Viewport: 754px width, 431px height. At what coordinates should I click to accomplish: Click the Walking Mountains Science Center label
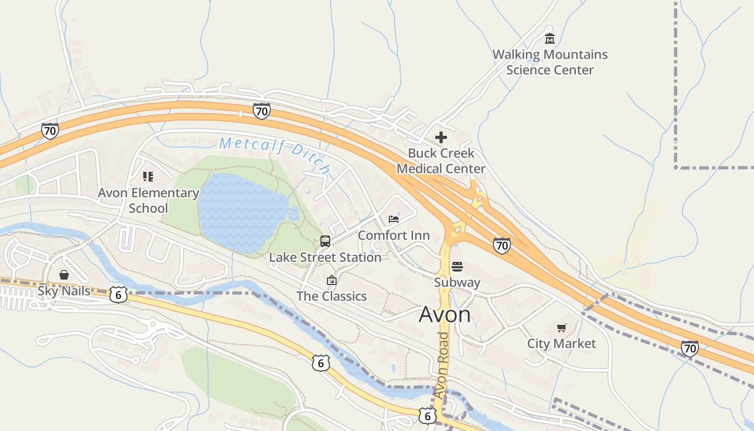(x=550, y=62)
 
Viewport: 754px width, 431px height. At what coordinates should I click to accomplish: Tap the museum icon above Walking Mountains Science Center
(x=549, y=39)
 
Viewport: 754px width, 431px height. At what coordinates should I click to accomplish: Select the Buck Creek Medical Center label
(x=441, y=161)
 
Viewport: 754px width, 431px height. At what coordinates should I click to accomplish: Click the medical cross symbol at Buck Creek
(x=441, y=137)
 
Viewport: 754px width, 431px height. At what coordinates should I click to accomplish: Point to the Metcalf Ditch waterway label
(x=275, y=154)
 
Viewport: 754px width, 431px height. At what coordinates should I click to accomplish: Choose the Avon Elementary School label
(x=148, y=200)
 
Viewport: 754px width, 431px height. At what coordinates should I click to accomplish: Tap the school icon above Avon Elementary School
(x=148, y=177)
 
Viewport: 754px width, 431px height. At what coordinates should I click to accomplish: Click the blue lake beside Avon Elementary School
(x=242, y=213)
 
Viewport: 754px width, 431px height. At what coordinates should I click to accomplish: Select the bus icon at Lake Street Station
(x=325, y=241)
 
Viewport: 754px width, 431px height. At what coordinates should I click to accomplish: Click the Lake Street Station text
(x=325, y=258)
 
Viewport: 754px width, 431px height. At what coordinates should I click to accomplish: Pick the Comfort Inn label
(x=394, y=235)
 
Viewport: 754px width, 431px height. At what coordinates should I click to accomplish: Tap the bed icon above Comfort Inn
(x=394, y=219)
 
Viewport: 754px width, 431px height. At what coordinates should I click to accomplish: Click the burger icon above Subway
(x=457, y=266)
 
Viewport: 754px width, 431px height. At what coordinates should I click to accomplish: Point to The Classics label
(x=332, y=296)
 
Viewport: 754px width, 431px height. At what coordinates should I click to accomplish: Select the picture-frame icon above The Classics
(x=332, y=280)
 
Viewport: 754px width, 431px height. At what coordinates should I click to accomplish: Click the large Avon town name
(x=445, y=315)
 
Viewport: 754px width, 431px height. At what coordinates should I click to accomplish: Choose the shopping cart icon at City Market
(x=562, y=328)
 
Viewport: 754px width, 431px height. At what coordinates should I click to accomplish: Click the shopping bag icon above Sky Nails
(x=64, y=275)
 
